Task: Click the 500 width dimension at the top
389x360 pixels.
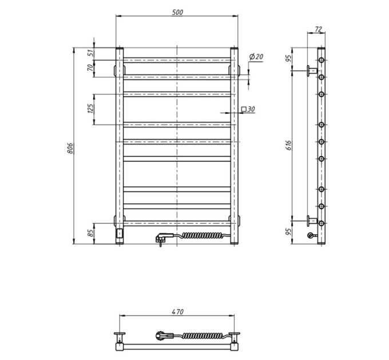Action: (177, 13)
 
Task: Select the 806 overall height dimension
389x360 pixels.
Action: (70, 148)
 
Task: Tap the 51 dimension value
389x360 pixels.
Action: (91, 53)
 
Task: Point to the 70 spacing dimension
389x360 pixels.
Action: (91, 67)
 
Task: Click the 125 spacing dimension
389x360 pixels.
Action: (91, 109)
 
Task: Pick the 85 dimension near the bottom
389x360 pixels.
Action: (91, 233)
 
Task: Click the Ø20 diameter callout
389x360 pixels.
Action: (256, 57)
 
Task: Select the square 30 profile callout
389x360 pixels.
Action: (248, 109)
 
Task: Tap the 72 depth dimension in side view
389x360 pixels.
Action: (318, 29)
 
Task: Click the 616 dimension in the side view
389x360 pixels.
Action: (288, 145)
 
